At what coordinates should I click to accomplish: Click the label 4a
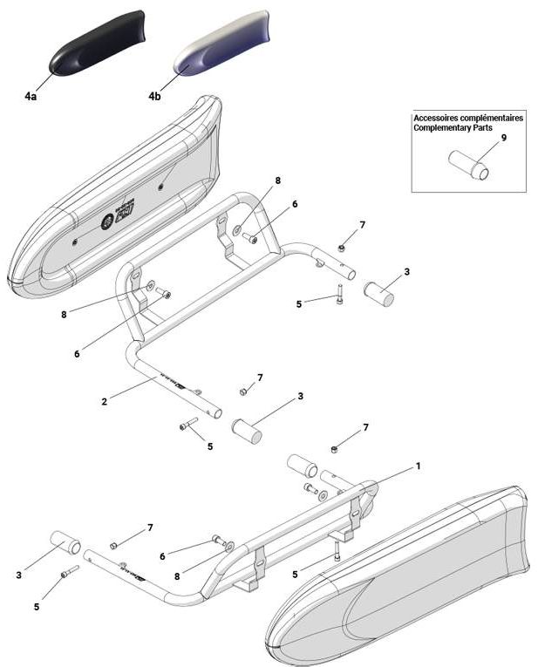tap(31, 96)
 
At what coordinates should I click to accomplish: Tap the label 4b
tap(154, 96)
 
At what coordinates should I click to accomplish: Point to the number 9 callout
tap(503, 138)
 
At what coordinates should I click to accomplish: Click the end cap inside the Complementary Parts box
tap(469, 164)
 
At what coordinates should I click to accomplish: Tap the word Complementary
tap(445, 127)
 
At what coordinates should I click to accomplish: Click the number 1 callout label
tap(418, 466)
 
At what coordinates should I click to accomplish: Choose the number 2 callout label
tap(104, 402)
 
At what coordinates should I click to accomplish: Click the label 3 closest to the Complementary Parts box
tap(406, 272)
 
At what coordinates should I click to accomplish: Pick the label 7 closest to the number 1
tap(366, 427)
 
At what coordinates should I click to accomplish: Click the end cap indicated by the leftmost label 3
tap(65, 543)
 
